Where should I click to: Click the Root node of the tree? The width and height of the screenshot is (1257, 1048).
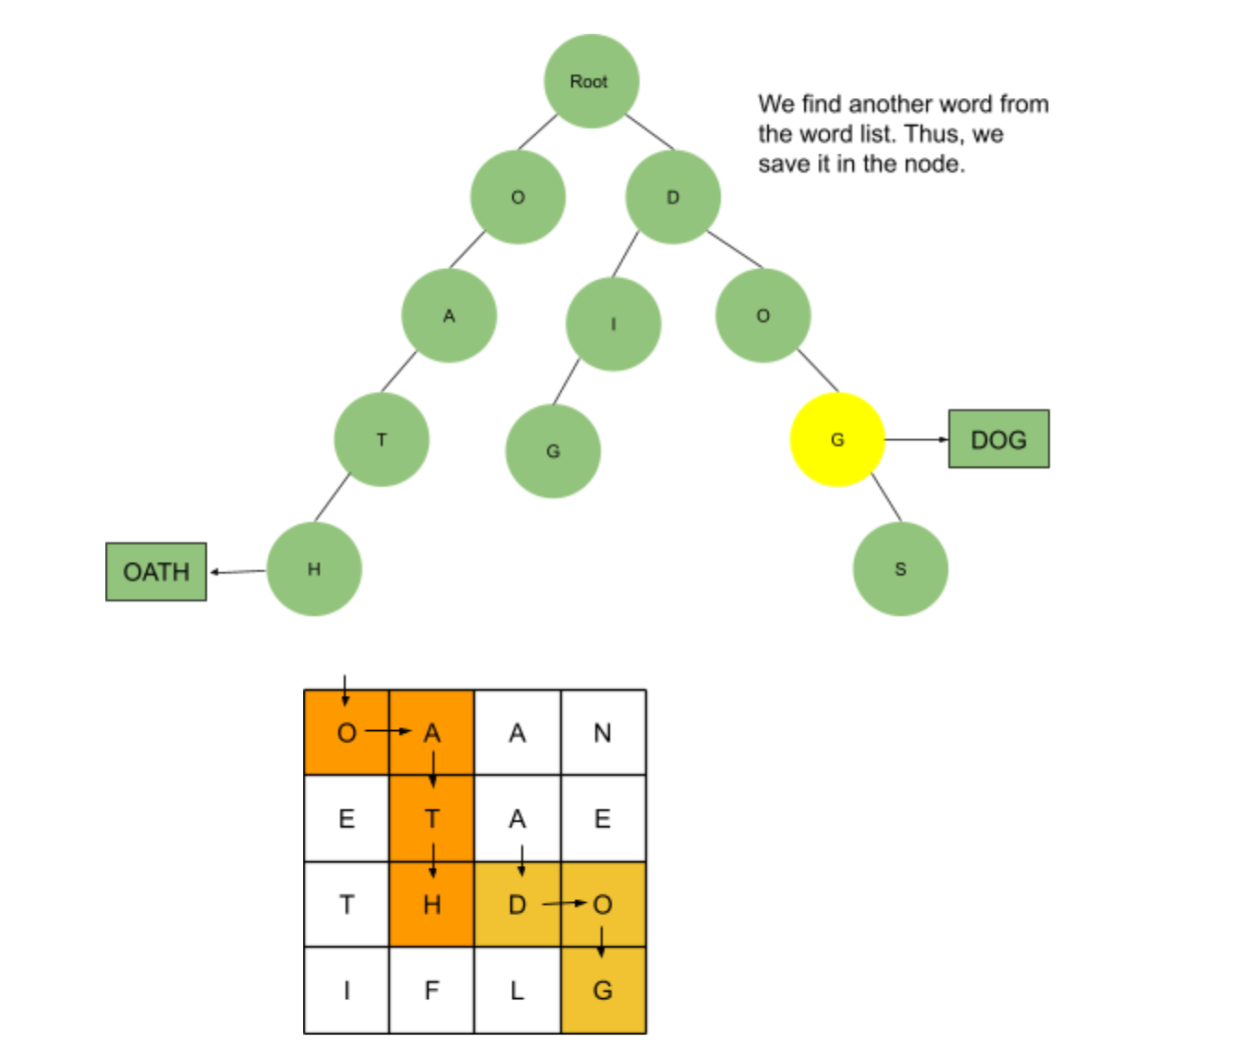pos(591,81)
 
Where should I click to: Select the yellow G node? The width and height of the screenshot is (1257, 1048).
pos(836,440)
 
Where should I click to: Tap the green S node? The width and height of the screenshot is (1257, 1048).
pos(899,569)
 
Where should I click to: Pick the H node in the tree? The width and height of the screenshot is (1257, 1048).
pos(314,569)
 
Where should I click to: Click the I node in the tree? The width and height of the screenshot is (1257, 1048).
pos(613,324)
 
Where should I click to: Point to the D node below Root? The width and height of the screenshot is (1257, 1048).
pos(672,197)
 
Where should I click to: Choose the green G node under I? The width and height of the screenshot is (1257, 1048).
pos(553,451)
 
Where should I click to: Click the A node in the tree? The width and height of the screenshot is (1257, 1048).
pos(449,316)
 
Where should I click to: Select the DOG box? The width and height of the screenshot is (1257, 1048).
pos(998,439)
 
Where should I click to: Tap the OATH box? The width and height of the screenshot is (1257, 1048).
pos(156,572)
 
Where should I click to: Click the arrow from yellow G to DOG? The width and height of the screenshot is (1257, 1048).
pos(916,439)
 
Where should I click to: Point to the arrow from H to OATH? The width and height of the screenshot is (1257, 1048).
pos(238,572)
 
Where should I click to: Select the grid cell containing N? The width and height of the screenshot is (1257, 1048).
pos(603,733)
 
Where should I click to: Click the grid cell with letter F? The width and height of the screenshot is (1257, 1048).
pos(432,991)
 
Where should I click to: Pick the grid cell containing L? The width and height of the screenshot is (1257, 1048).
pos(517,991)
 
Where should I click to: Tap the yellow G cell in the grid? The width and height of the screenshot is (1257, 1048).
pos(603,991)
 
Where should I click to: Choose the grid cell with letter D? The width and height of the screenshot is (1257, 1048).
pos(517,905)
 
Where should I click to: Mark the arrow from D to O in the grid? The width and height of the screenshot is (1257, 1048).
pos(564,903)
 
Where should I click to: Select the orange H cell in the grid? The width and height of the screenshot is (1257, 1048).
pos(432,905)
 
